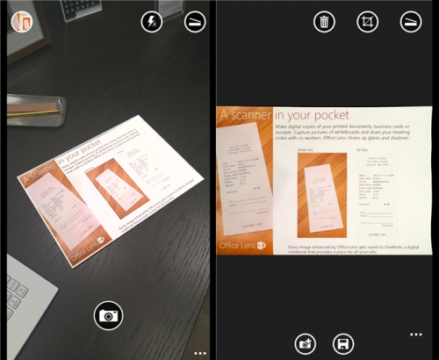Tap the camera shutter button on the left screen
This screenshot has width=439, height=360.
click(x=108, y=314)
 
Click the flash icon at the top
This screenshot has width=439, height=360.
click(x=152, y=22)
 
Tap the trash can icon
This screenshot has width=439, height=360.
click(x=325, y=22)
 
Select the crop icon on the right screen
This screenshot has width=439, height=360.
click(x=367, y=22)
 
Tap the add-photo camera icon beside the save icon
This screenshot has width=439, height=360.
click(x=306, y=343)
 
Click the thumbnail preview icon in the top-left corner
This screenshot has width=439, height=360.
click(x=19, y=20)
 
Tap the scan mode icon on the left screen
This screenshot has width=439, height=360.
click(x=195, y=22)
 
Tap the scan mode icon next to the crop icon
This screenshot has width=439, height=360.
click(x=410, y=22)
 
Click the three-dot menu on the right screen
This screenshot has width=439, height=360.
click(x=416, y=335)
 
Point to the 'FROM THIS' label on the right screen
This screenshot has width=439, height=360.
click(x=312, y=150)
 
